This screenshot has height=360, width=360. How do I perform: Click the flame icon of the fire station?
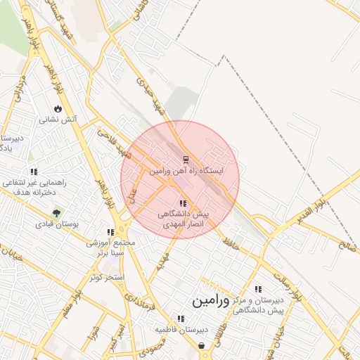click(x=57, y=109)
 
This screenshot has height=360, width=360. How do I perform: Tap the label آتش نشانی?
click(x=57, y=120)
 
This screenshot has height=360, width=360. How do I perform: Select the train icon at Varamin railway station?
click(x=186, y=159)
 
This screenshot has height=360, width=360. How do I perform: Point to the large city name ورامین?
click(x=210, y=301)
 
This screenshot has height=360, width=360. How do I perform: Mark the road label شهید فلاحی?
click(x=114, y=143)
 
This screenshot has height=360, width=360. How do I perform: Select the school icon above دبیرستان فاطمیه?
click(x=181, y=319)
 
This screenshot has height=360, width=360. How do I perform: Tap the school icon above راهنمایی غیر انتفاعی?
click(x=33, y=172)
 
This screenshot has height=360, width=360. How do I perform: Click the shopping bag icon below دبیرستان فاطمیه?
click(x=202, y=345)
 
